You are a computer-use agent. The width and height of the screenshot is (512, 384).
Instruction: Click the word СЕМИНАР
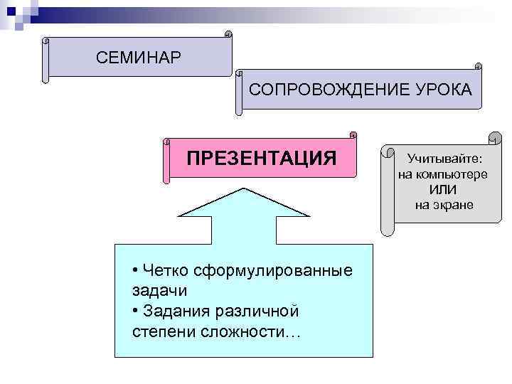(139, 57)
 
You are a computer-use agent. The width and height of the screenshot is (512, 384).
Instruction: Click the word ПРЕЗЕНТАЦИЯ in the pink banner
(261, 157)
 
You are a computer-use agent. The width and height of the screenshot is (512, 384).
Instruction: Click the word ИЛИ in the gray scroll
(443, 190)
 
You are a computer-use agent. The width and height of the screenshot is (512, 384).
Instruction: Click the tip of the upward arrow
(245, 190)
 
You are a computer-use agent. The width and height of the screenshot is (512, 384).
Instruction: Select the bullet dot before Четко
(135, 271)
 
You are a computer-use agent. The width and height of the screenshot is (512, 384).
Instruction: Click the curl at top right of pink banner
(353, 134)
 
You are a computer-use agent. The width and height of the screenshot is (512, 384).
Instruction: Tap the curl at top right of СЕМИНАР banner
(228, 33)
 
